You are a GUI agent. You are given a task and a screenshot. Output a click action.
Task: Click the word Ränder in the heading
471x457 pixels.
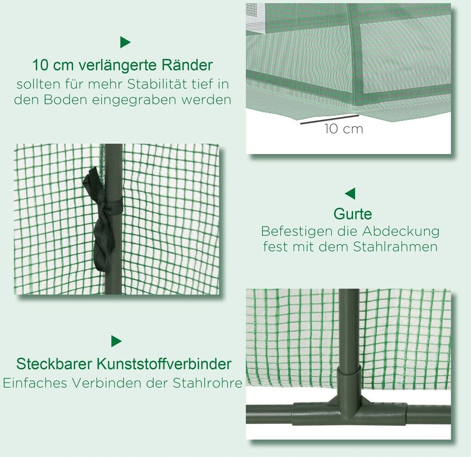[x=187, y=65]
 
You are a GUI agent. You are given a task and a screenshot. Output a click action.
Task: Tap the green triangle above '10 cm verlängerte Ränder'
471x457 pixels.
[x=125, y=42]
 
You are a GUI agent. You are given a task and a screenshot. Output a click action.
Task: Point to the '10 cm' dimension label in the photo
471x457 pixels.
[x=344, y=129]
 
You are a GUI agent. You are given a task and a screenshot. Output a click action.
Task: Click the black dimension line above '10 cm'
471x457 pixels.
[x=329, y=119]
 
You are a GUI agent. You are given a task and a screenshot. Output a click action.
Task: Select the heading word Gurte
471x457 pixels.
[x=353, y=214]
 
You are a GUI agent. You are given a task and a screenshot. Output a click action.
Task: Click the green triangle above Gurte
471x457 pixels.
[x=350, y=194]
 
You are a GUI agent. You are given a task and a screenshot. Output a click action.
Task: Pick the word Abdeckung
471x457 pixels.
[x=401, y=232]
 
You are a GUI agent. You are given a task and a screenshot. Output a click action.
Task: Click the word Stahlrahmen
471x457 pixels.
[x=395, y=247]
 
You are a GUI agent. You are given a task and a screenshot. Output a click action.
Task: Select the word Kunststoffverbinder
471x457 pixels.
[x=164, y=364]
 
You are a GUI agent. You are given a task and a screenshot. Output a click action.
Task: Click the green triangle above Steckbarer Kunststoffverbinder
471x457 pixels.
[x=116, y=341]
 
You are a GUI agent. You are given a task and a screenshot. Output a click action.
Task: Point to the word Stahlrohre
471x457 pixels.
[x=207, y=383]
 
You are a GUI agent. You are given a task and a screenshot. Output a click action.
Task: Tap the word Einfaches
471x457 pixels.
[x=35, y=383]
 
